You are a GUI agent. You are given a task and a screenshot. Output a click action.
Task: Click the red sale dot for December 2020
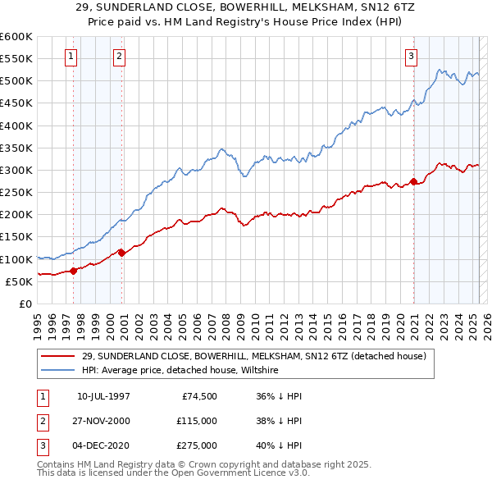(x=413, y=181)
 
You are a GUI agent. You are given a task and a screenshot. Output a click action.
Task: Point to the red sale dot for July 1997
(x=73, y=270)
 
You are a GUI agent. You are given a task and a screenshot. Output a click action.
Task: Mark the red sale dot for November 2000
(x=121, y=252)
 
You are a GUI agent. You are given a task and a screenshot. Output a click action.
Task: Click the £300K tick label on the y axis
(x=16, y=170)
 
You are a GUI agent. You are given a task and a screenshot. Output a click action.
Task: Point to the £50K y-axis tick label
(x=18, y=281)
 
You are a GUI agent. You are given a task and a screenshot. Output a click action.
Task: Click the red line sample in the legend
(x=57, y=357)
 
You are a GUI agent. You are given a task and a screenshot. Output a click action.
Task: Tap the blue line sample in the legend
(x=57, y=371)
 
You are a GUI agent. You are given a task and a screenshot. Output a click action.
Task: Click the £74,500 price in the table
(x=199, y=395)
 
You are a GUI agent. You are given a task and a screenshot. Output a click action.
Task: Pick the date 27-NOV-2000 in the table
(x=103, y=421)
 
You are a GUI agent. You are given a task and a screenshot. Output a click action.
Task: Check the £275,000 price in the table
(x=196, y=446)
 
